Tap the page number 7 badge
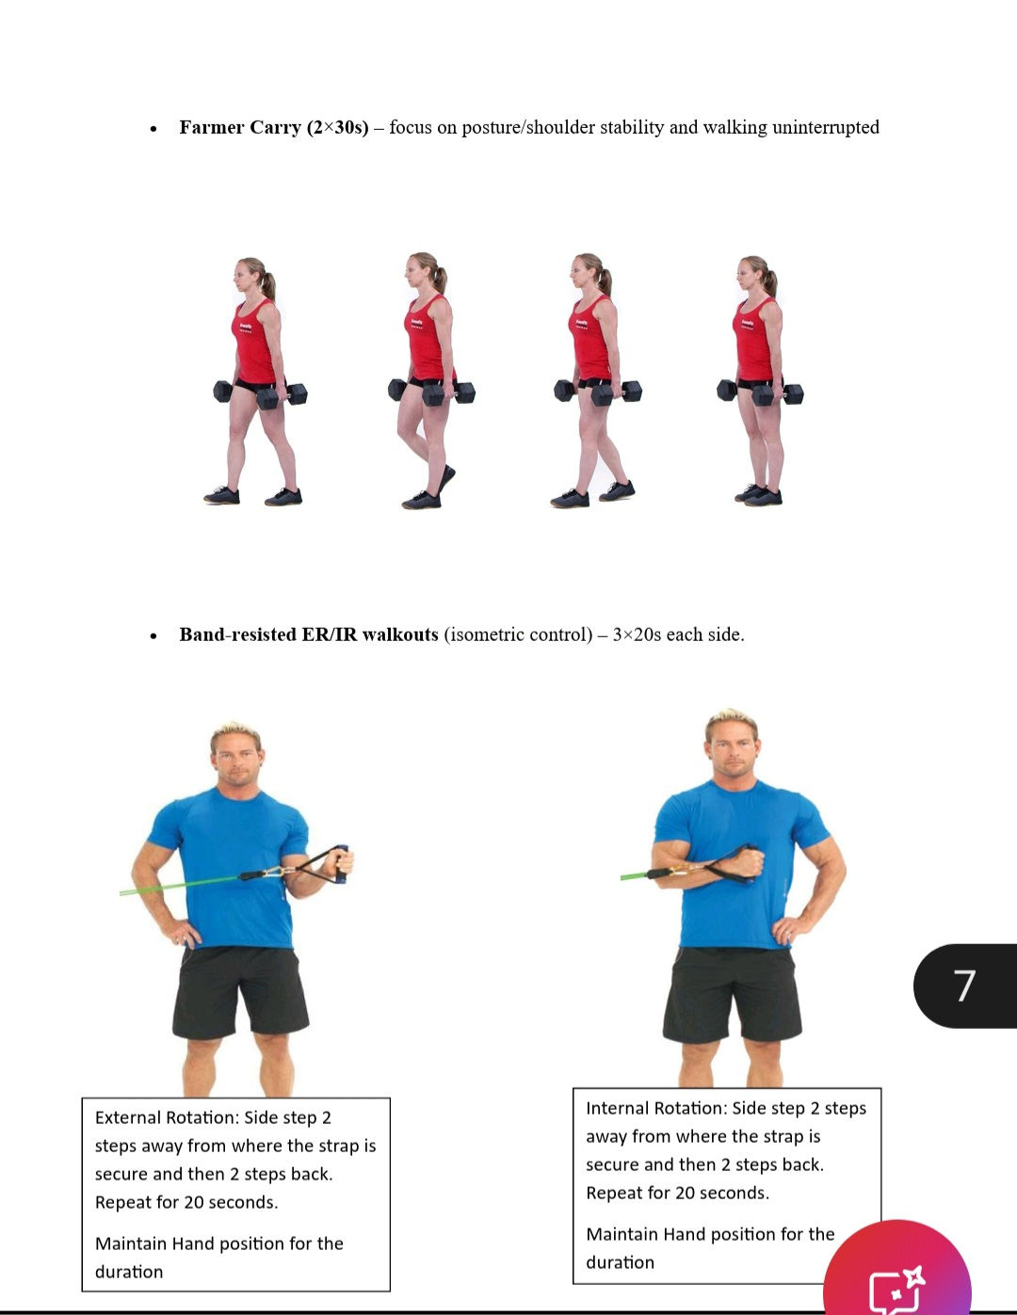point(964,986)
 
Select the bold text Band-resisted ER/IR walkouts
point(309,634)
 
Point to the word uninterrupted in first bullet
point(825,127)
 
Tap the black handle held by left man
point(342,863)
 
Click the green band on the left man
point(179,885)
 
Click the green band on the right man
point(636,876)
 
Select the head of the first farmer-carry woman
point(251,276)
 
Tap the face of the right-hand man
point(732,748)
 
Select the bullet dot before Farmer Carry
point(153,129)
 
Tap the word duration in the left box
point(129,1272)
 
